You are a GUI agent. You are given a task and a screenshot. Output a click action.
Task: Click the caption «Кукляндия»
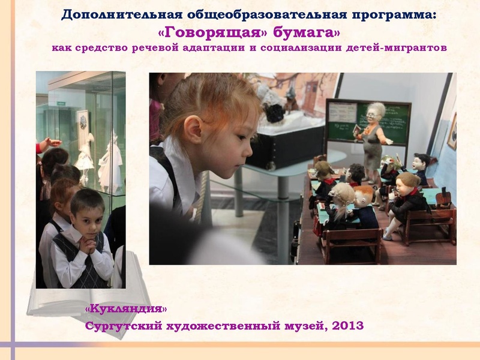pyautogui.click(x=125, y=309)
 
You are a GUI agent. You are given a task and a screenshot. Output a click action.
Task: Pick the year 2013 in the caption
pyautogui.click(x=346, y=326)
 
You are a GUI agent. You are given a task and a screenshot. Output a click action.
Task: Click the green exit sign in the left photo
pyautogui.click(x=61, y=103)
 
